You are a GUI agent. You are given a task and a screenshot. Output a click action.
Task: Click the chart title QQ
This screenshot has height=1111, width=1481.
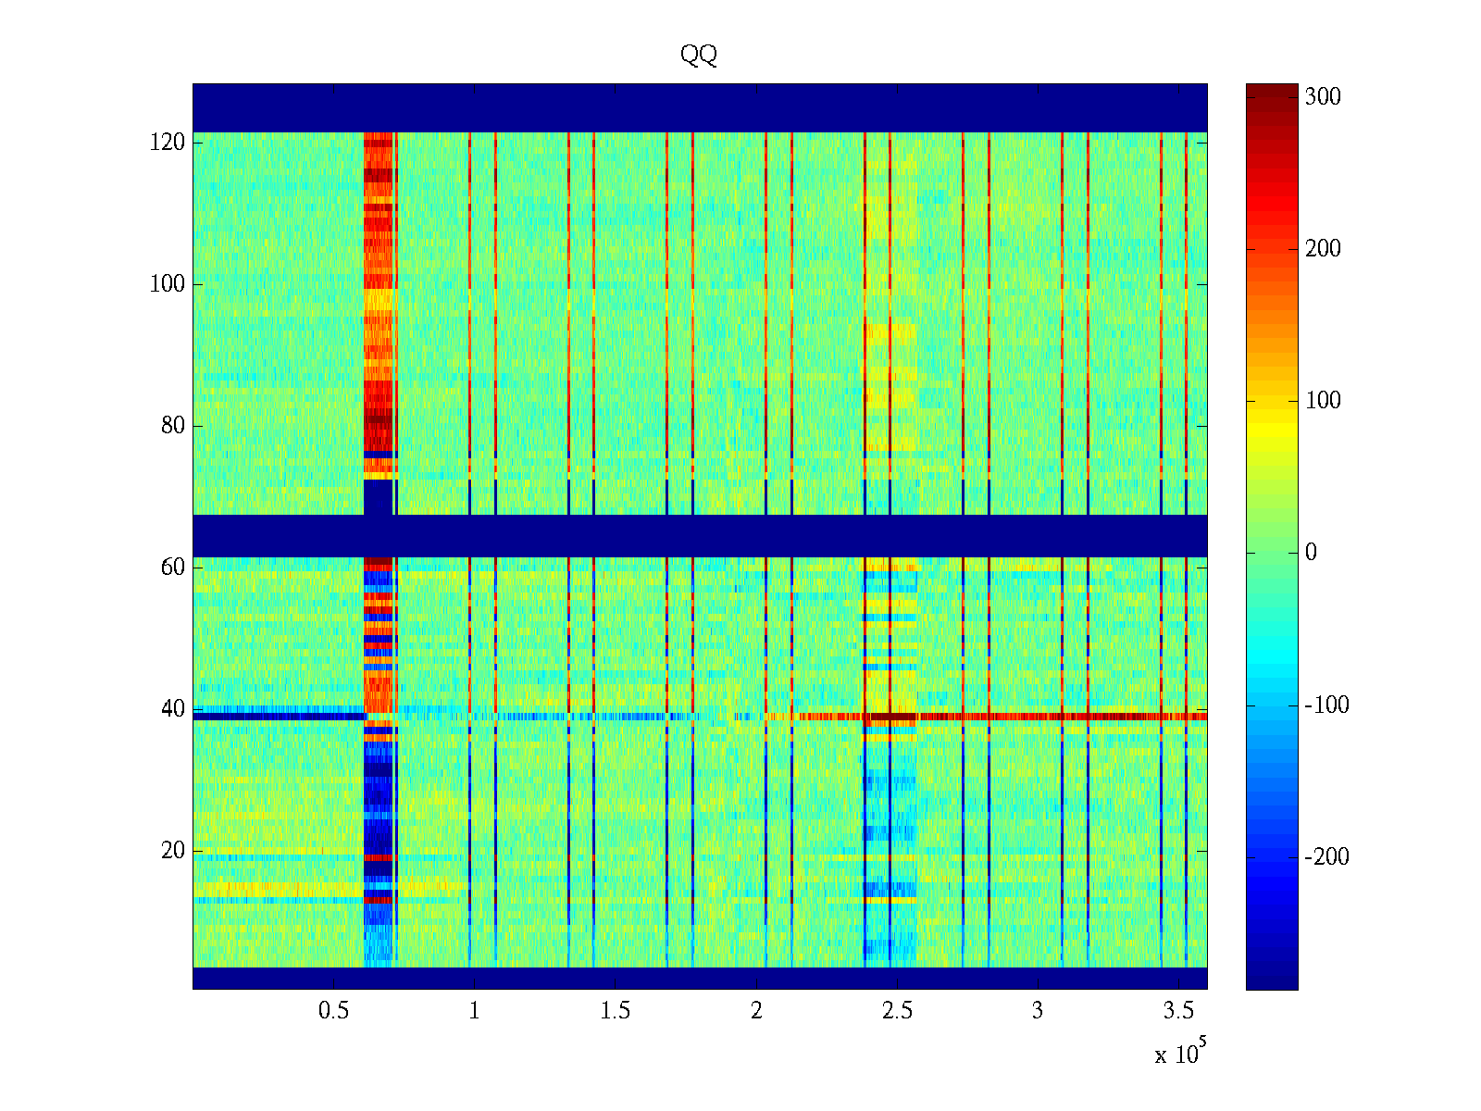pyautogui.click(x=699, y=56)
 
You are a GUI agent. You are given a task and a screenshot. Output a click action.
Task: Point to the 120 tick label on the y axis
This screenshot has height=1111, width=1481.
pyautogui.click(x=168, y=143)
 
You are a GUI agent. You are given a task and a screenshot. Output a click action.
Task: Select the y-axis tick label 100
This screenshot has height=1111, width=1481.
pyautogui.click(x=168, y=284)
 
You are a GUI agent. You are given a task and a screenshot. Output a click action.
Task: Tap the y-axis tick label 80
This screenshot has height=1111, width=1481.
pyautogui.click(x=173, y=426)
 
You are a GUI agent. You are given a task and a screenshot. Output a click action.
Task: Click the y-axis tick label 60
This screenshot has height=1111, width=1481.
pyautogui.click(x=173, y=568)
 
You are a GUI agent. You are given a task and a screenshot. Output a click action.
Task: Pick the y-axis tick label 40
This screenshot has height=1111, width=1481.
pyautogui.click(x=173, y=709)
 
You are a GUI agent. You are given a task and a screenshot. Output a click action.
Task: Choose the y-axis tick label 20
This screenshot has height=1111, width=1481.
pyautogui.click(x=173, y=851)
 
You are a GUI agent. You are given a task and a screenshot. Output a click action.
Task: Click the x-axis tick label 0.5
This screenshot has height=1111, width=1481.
pyautogui.click(x=333, y=1011)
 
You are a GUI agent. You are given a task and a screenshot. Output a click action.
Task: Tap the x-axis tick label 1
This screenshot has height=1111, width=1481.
pyautogui.click(x=474, y=1011)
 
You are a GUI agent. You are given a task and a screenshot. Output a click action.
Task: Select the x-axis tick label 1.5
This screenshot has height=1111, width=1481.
pyautogui.click(x=615, y=1011)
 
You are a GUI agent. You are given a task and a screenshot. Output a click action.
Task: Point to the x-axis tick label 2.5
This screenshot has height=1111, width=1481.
pyautogui.click(x=897, y=1011)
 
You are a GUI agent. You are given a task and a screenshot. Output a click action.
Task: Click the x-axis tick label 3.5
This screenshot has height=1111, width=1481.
pyautogui.click(x=1178, y=1011)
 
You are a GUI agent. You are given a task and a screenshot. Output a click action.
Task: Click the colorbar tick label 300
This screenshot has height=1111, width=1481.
pyautogui.click(x=1323, y=97)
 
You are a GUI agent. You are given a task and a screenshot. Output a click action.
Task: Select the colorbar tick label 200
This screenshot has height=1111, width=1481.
pyautogui.click(x=1323, y=249)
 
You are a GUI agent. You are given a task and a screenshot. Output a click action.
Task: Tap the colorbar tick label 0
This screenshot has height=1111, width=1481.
pyautogui.click(x=1311, y=553)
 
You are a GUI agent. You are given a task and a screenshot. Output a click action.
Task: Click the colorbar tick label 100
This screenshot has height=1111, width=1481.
pyautogui.click(x=1323, y=401)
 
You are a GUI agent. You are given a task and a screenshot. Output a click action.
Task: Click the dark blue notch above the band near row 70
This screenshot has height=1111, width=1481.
pyautogui.click(x=378, y=497)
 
